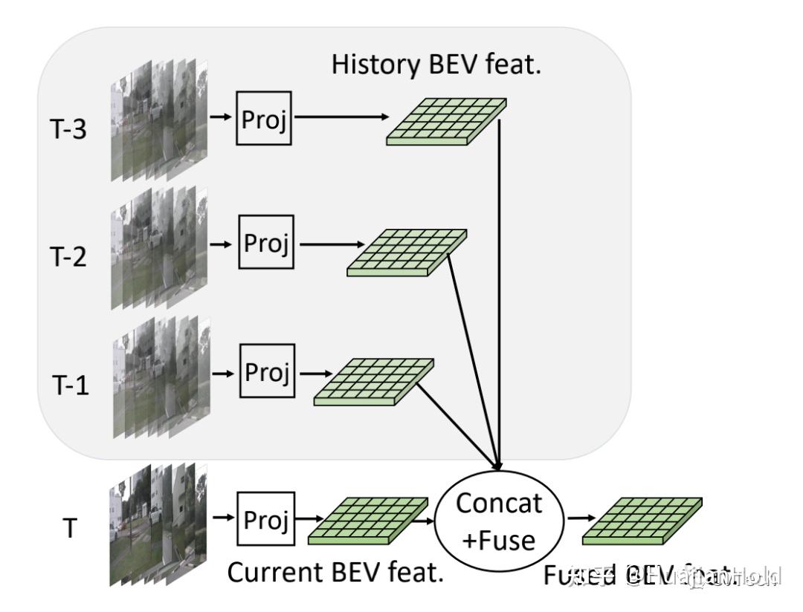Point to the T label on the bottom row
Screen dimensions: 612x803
(68, 531)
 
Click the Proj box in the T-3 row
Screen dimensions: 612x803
(263, 117)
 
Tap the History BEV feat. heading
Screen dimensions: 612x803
(437, 65)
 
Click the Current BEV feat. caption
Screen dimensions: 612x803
(335, 573)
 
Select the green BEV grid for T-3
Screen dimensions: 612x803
(446, 120)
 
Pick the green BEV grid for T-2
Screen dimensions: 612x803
(407, 253)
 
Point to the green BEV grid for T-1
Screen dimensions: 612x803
(374, 382)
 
